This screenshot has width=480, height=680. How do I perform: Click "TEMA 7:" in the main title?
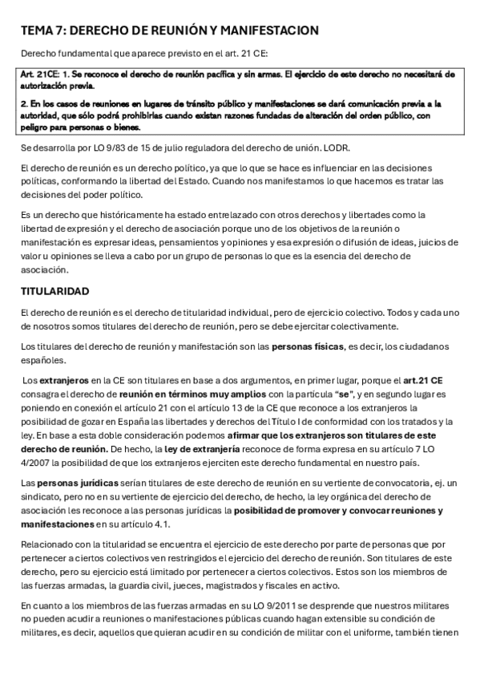pos(42,30)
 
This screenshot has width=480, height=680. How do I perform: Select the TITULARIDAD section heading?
pos(55,289)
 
